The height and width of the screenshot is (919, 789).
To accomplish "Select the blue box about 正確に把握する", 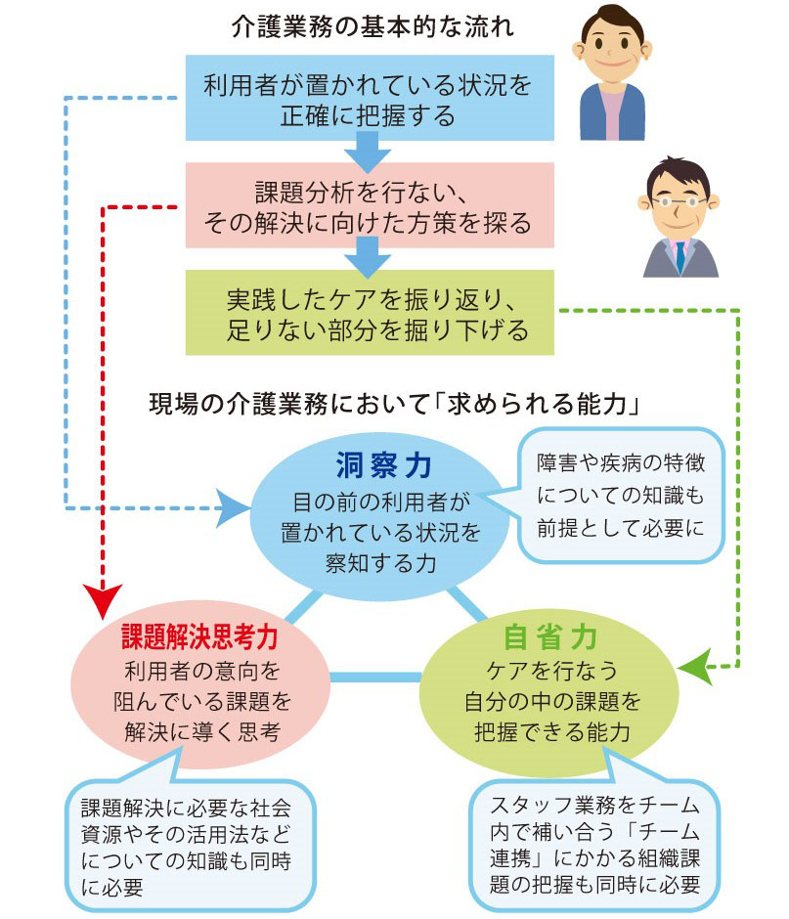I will coord(368,100).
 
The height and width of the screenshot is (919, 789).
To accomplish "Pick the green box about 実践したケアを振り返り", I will coord(370,313).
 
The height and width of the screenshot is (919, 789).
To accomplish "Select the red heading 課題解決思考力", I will coord(199,636).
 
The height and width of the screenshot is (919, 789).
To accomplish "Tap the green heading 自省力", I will coord(549,636).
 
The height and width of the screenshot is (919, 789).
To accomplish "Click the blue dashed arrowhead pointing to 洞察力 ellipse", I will coord(233,507).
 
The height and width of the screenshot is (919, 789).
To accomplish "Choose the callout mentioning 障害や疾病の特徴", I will coord(619,495).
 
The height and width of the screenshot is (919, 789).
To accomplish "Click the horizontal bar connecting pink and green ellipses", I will coord(373,676).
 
